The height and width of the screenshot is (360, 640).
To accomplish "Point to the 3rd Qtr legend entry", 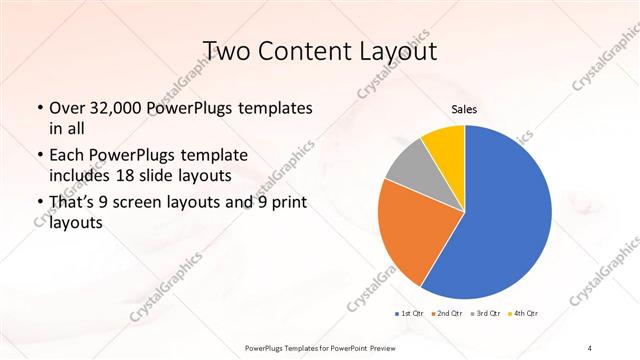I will (484, 314).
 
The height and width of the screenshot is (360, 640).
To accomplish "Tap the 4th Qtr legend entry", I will (523, 314).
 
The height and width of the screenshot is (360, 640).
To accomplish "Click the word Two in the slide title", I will (227, 51).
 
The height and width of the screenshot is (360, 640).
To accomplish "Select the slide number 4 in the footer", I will (590, 346).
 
